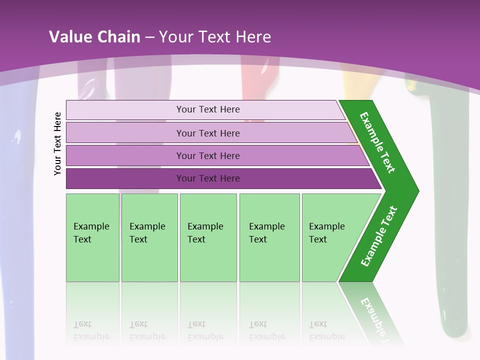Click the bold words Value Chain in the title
coord(94,37)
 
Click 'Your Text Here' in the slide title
coord(215,37)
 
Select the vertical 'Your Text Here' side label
coord(57,143)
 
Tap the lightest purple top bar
coord(207,109)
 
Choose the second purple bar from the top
coord(207,133)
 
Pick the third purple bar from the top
coord(207,155)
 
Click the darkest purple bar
coord(207,178)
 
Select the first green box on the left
coord(92,237)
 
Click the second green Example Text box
coord(149,237)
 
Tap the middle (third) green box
coord(208,237)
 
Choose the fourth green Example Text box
coord(269,237)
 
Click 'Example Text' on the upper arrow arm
coord(378,142)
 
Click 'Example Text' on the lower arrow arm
coord(379,236)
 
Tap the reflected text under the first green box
coord(91,330)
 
